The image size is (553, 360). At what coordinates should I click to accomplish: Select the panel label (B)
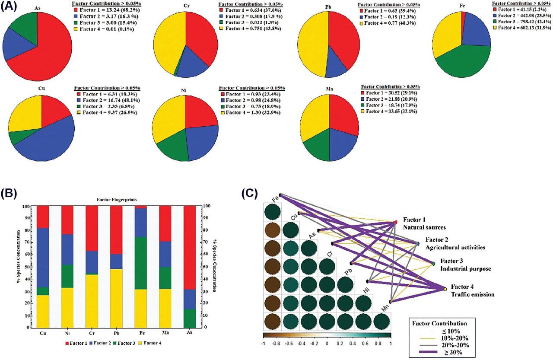click(10, 193)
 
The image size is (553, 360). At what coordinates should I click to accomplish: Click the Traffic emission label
click(473, 295)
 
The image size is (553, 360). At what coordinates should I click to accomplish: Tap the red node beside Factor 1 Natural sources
click(396, 222)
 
